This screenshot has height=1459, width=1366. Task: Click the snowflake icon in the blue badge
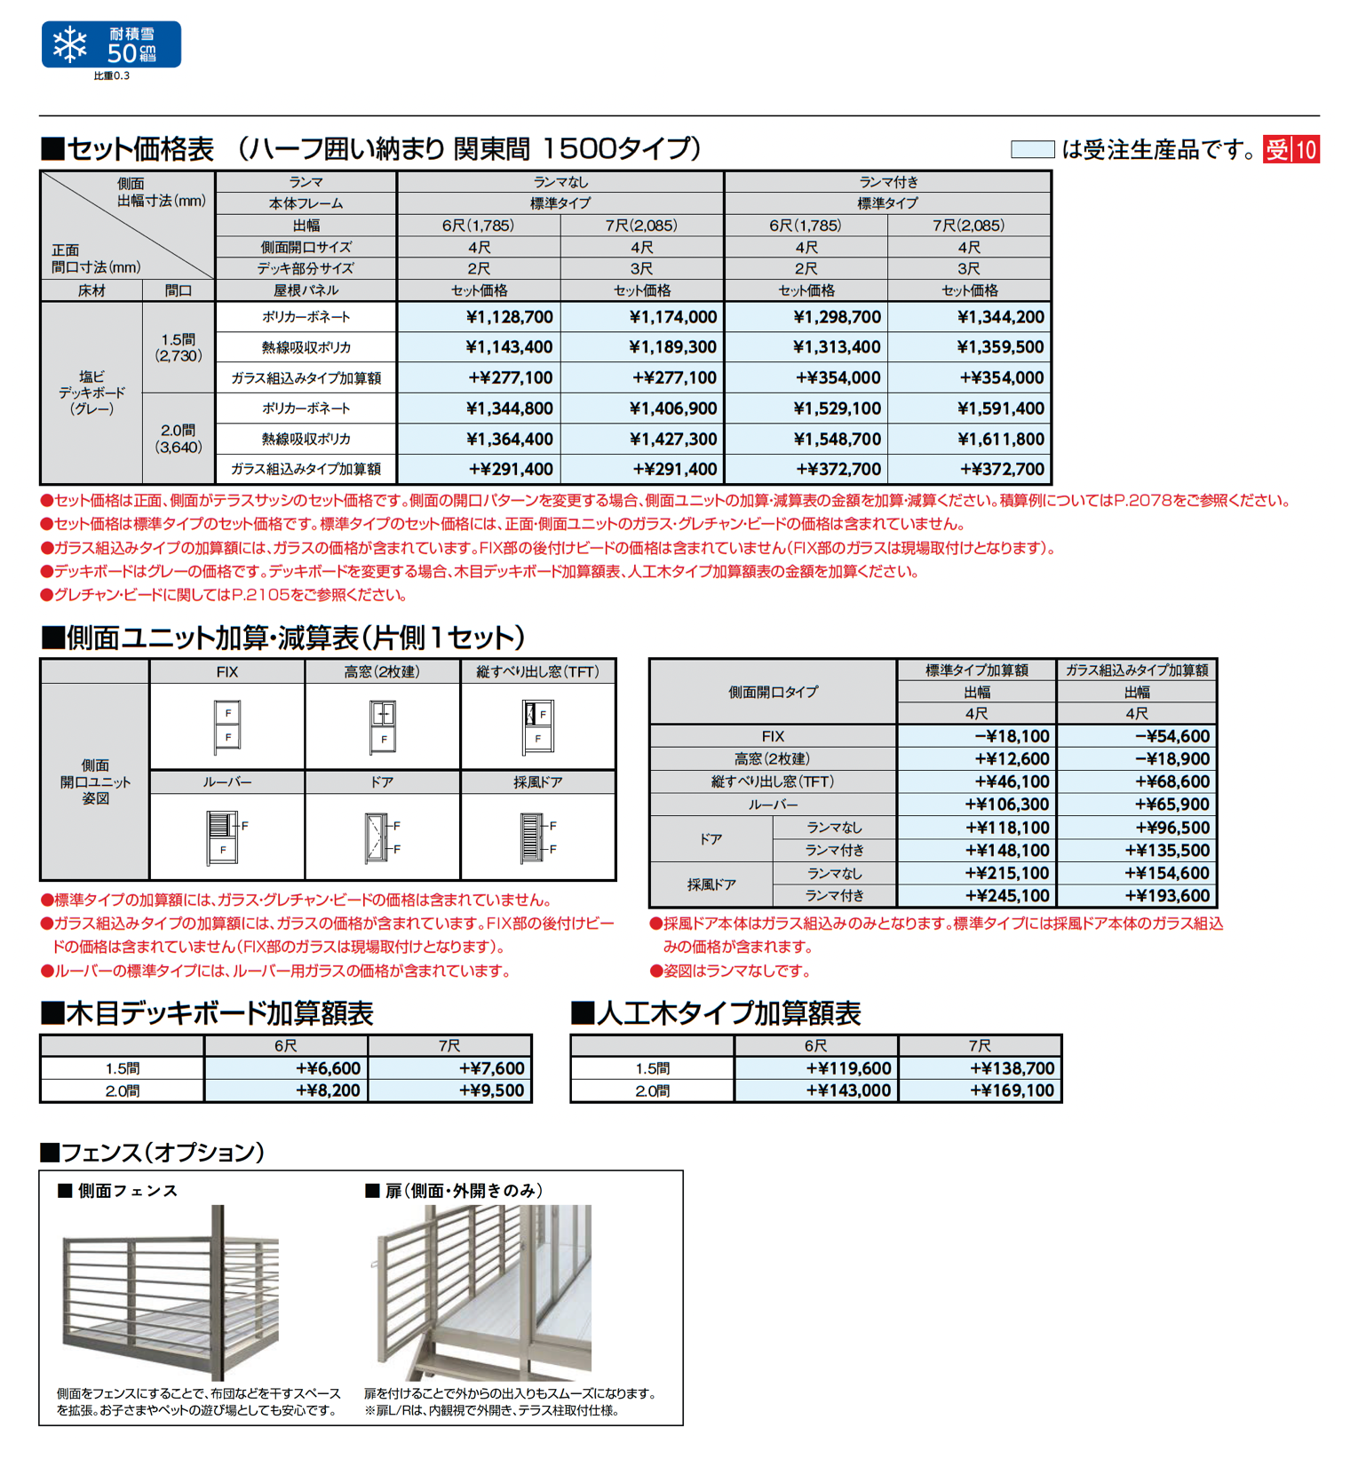[x=70, y=44]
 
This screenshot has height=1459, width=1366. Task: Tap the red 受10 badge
[x=1292, y=149]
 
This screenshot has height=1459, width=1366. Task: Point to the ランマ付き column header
[x=887, y=182]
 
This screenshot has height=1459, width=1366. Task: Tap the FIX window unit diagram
[x=227, y=727]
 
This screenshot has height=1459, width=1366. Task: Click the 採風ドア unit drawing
[x=536, y=837]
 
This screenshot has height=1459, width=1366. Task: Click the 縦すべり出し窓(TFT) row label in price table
[x=773, y=781]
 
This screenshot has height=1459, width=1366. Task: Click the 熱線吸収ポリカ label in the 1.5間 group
[x=306, y=347]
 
